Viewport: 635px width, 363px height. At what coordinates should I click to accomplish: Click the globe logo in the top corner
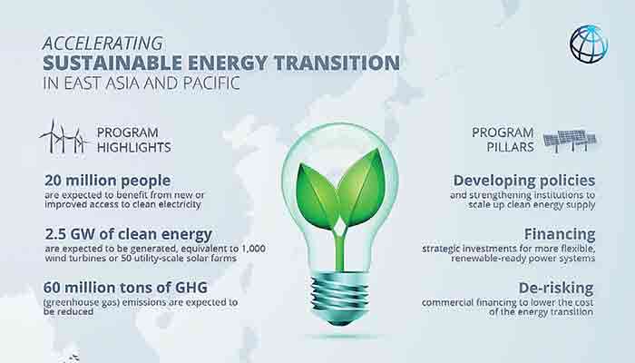588,44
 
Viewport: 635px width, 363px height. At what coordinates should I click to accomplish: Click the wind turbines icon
63,137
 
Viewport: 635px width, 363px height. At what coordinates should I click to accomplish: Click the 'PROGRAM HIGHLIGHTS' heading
133,138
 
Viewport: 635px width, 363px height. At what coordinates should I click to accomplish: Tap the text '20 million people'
106,180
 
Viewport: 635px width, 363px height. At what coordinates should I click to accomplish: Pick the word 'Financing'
562,234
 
